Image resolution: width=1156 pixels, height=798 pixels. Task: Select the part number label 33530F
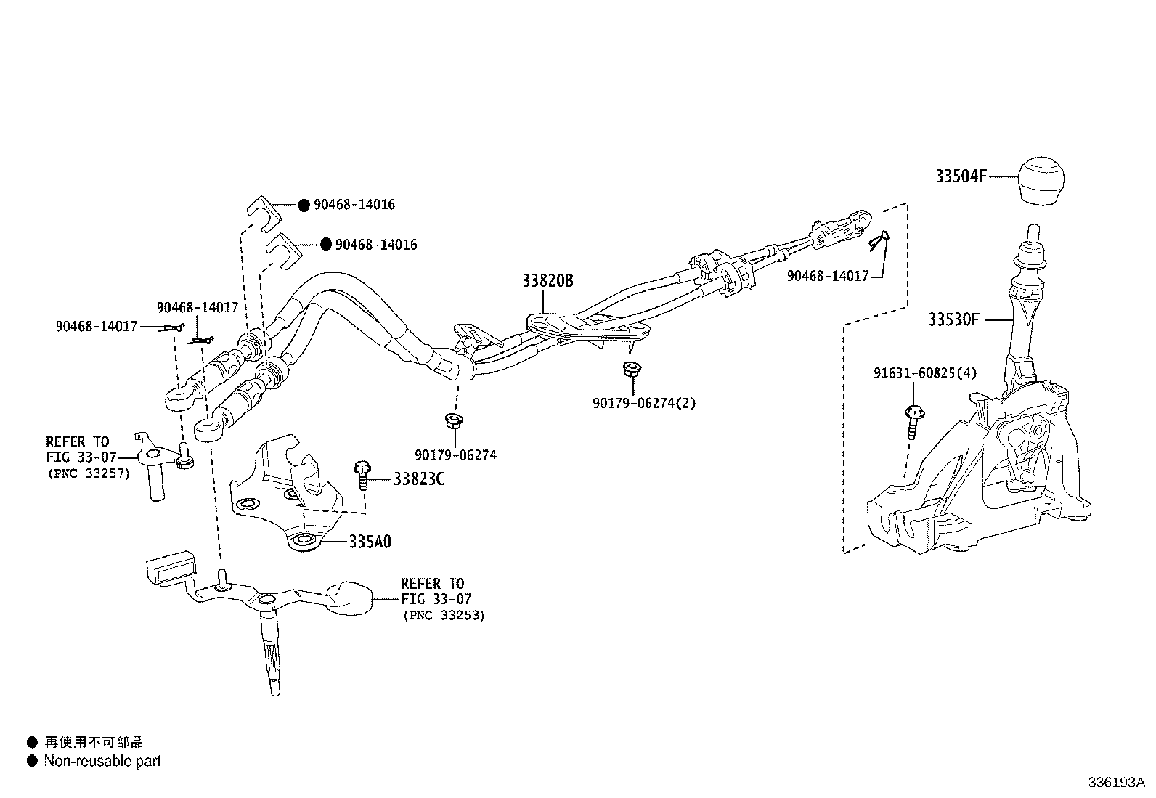pos(953,319)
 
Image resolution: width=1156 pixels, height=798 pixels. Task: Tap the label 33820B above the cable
pos(548,281)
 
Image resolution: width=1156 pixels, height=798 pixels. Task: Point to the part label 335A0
pos(370,542)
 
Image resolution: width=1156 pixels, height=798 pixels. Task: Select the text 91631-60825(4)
pos(924,373)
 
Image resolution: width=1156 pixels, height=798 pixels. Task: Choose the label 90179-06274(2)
pos(643,403)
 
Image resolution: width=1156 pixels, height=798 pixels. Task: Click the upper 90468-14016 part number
pos(354,205)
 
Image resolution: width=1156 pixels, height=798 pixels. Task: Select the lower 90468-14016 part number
pos(376,245)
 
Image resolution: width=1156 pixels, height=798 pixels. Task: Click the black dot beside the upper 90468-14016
pos(304,205)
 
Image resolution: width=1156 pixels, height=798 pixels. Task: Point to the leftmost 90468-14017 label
pos(96,327)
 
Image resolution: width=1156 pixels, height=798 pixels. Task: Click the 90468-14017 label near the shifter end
pos(828,276)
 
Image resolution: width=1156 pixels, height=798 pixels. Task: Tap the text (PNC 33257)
pos(88,473)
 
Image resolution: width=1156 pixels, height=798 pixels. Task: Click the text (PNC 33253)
pos(444,615)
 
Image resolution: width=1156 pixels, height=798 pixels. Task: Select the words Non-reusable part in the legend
pos(102,761)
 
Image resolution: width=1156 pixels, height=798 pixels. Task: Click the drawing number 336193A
pos(1116,783)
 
